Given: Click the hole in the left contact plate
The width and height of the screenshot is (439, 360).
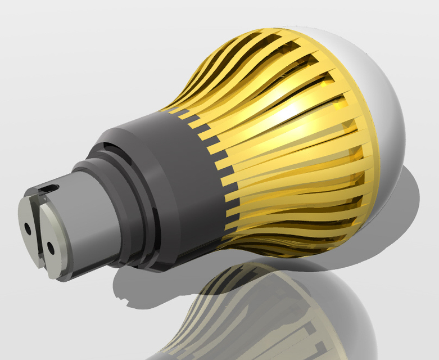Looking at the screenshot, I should coord(28,229).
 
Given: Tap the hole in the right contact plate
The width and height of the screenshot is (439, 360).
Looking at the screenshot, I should coord(50,246).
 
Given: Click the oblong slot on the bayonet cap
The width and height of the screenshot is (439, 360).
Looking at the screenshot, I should coord(52,187).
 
